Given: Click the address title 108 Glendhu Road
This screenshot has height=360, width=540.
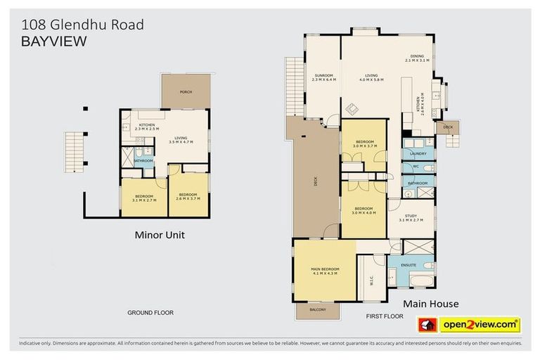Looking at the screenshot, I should pyautogui.click(x=82, y=25).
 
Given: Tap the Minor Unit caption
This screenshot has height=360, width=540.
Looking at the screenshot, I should pyautogui.click(x=160, y=235).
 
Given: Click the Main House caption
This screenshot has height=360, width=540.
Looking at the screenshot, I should pyautogui.click(x=431, y=303).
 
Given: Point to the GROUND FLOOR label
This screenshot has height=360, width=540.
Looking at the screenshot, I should pyautogui.click(x=150, y=312).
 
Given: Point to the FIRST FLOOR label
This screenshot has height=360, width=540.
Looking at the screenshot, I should pyautogui.click(x=385, y=316).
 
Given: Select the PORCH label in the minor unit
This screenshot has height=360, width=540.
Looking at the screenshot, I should pyautogui.click(x=186, y=92).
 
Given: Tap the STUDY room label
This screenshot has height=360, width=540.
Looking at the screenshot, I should pyautogui.click(x=411, y=218).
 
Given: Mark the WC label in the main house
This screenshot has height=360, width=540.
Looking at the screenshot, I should pyautogui.click(x=416, y=167).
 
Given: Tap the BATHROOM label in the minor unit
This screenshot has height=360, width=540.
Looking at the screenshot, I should pyautogui.click(x=143, y=161).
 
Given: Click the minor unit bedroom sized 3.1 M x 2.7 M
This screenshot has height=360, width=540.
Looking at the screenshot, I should pyautogui.click(x=143, y=197).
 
